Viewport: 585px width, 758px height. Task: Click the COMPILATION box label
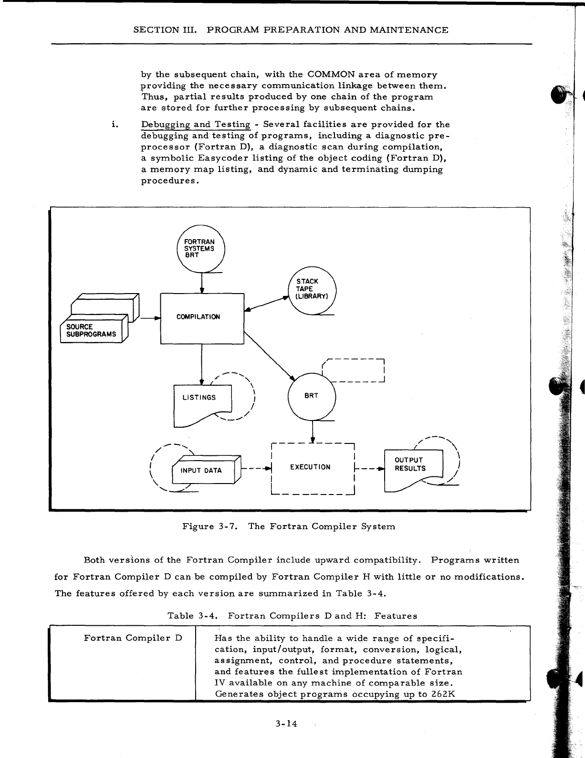198,317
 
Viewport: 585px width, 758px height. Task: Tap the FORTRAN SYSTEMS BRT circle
200,248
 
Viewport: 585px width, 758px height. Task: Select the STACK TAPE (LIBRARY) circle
313,289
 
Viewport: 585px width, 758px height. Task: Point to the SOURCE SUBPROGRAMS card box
91,330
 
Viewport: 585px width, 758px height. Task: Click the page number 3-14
286,724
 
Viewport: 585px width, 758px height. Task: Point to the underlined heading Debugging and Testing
196,125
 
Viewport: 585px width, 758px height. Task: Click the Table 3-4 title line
292,616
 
